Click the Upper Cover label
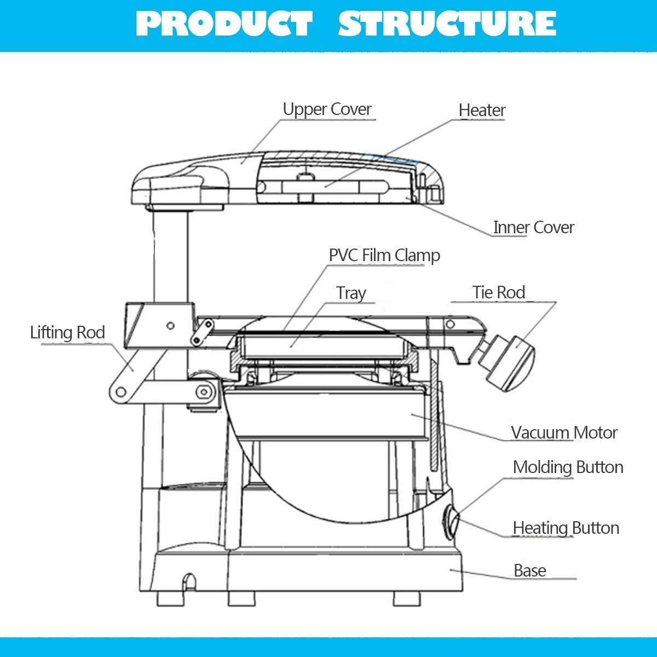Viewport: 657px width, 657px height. click(x=327, y=109)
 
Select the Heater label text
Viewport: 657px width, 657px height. click(x=482, y=111)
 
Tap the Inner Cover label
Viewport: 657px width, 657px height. click(x=533, y=227)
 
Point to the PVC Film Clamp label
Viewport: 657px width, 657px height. click(x=384, y=255)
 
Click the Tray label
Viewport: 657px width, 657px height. click(x=351, y=293)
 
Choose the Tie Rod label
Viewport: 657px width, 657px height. click(x=499, y=292)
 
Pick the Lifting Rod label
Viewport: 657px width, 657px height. click(x=67, y=332)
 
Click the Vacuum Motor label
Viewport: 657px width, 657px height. click(x=564, y=433)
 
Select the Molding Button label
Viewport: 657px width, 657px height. click(x=568, y=467)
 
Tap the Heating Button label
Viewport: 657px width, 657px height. click(x=566, y=528)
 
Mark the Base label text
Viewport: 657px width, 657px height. click(x=529, y=570)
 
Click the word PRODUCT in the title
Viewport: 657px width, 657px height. click(x=224, y=24)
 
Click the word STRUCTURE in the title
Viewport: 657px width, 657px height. click(x=447, y=24)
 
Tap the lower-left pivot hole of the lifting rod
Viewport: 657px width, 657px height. click(x=119, y=391)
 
